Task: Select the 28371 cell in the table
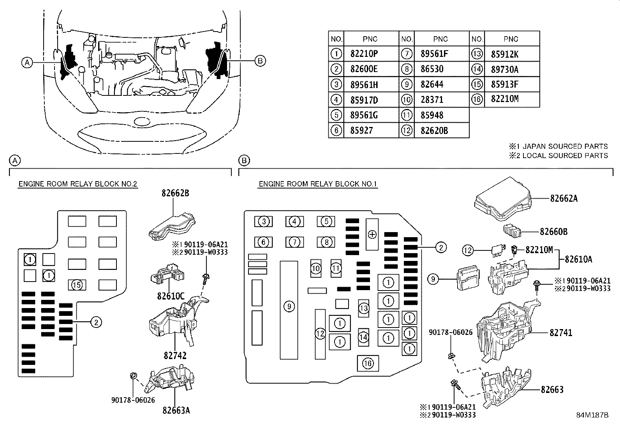click(432, 100)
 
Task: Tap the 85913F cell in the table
click(505, 85)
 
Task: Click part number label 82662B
click(176, 193)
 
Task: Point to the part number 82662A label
click(564, 199)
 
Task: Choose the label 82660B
click(553, 232)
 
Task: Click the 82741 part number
click(561, 333)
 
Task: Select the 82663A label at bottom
click(176, 410)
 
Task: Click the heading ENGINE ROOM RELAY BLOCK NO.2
click(77, 184)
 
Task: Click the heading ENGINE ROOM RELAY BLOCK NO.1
click(318, 184)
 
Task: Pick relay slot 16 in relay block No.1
click(368, 363)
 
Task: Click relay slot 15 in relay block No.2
click(77, 285)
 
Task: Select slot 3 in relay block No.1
click(264, 222)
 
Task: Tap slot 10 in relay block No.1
click(316, 268)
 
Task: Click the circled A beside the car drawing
click(26, 62)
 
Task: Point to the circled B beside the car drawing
click(260, 60)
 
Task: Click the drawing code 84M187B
click(592, 415)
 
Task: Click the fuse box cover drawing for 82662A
click(502, 201)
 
